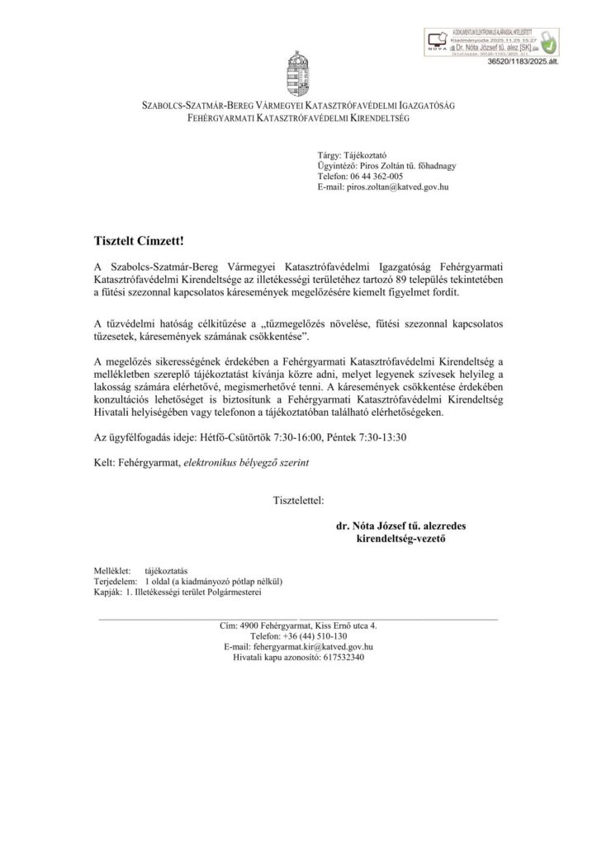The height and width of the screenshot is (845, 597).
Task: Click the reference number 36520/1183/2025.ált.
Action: (x=523, y=61)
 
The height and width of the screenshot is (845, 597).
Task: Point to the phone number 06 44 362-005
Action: (x=373, y=177)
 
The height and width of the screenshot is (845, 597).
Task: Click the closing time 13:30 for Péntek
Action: (x=413, y=438)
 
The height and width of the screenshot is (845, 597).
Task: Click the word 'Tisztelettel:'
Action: (x=298, y=500)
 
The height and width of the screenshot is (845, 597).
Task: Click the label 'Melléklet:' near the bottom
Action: (x=111, y=570)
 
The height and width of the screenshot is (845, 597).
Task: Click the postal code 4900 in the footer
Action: (x=248, y=626)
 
